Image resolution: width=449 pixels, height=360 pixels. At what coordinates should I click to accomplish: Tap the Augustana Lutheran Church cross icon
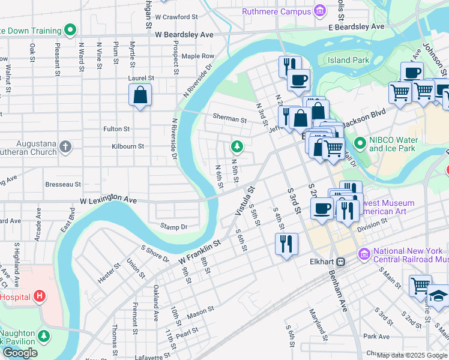(x=65, y=146)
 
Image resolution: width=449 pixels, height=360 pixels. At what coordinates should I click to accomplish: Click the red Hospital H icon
(x=40, y=296)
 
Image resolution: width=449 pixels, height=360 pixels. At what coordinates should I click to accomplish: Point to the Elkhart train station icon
(x=340, y=262)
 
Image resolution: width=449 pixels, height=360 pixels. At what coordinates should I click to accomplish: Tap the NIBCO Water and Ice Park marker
(x=360, y=144)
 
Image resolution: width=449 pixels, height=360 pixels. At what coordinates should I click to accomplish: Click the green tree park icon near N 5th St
(x=238, y=146)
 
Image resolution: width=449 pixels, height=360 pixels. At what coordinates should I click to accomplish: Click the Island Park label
(x=348, y=60)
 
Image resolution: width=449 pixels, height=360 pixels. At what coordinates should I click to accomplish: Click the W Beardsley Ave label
(x=184, y=35)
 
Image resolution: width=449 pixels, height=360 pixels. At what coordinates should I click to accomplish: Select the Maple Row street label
(x=198, y=56)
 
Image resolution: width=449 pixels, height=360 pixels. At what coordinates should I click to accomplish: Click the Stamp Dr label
(x=174, y=226)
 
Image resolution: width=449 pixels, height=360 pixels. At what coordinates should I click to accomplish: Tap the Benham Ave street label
(x=338, y=291)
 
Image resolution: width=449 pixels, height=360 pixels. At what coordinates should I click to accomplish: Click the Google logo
(x=20, y=352)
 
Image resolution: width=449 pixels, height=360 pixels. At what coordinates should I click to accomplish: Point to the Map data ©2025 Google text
(x=412, y=355)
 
